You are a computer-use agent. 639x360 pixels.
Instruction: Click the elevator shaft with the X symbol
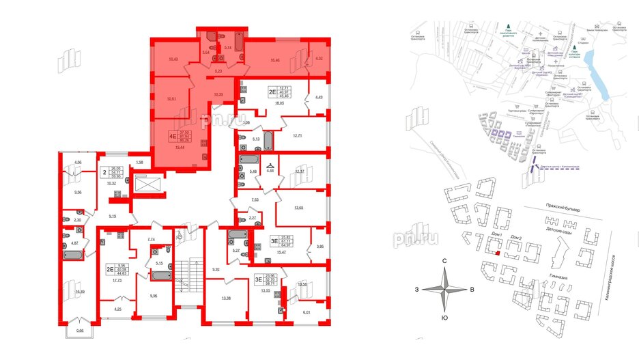click(x=147, y=185)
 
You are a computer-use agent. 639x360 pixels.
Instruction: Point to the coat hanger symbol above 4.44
click(x=270, y=163)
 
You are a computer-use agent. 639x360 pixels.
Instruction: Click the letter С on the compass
click(x=444, y=262)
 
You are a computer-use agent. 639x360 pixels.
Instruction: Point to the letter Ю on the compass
click(x=444, y=318)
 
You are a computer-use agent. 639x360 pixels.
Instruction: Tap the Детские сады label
click(x=558, y=232)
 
